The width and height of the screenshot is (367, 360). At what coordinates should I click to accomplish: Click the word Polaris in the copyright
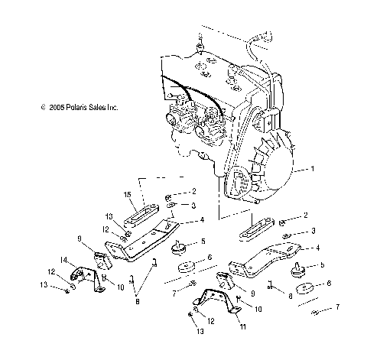click(70, 109)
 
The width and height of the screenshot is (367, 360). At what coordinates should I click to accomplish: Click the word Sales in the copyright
click(93, 109)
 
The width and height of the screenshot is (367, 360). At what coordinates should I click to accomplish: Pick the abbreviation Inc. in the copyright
click(111, 109)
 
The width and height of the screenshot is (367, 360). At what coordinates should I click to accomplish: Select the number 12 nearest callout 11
click(211, 322)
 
